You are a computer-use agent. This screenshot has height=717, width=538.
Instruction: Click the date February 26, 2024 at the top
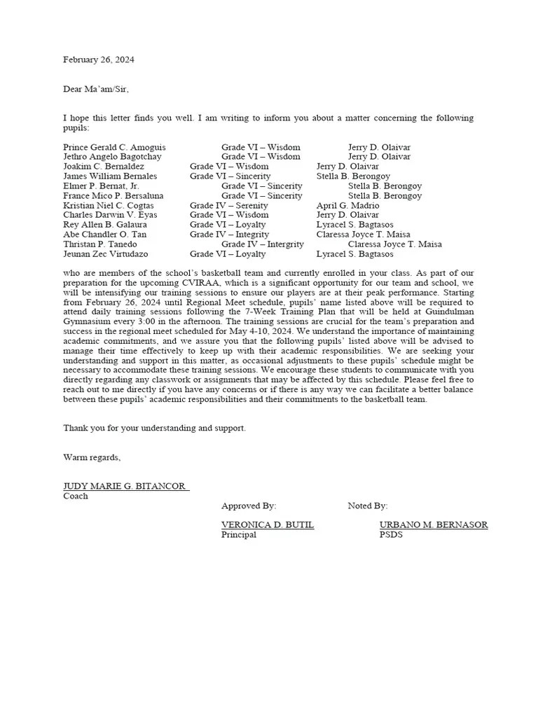point(99,60)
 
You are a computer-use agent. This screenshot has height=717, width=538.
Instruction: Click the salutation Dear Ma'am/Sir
point(96,89)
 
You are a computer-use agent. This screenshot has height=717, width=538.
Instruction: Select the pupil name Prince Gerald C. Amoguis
point(115,148)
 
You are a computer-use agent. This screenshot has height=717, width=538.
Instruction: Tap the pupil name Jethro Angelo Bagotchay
point(112,158)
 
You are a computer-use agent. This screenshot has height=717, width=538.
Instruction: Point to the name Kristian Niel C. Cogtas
point(108,206)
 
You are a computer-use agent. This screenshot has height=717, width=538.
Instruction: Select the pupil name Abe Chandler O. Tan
point(105,235)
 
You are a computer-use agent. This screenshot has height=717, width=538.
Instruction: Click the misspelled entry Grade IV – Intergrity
point(263,244)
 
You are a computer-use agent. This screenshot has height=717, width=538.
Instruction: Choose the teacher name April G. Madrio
point(347,206)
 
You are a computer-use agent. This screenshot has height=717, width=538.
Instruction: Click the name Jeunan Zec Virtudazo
point(106,254)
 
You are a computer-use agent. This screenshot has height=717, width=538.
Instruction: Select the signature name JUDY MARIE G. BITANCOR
point(126,487)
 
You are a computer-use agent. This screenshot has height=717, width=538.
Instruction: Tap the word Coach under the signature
point(76,496)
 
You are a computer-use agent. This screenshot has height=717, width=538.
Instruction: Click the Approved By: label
point(249,506)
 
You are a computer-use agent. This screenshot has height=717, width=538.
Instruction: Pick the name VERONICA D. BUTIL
point(268,525)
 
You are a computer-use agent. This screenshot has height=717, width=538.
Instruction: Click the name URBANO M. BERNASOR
point(434,525)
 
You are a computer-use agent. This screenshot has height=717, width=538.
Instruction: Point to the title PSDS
point(391,535)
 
